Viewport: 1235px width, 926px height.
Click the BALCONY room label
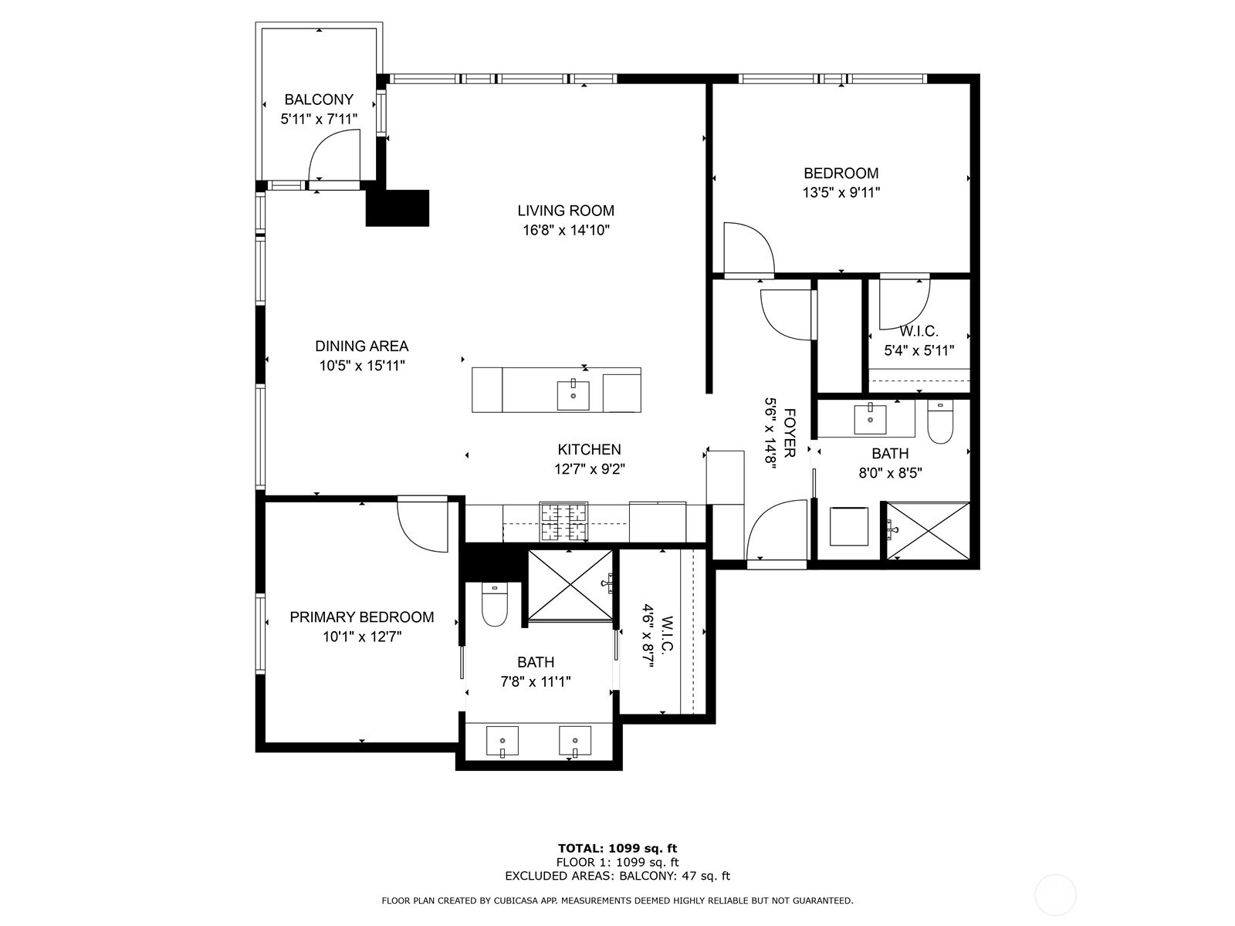319,100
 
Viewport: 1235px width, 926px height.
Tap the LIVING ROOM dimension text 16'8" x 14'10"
566,230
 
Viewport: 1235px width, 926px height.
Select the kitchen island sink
573,395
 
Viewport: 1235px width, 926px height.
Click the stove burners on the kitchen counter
563,522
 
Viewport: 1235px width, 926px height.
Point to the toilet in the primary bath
494,606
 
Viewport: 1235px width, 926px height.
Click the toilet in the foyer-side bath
939,423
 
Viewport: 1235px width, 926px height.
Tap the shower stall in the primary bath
570,585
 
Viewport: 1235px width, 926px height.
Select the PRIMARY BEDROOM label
361,617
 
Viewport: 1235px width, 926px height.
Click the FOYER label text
789,433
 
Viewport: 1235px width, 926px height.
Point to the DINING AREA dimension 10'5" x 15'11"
362,366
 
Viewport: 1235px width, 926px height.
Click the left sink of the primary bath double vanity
502,742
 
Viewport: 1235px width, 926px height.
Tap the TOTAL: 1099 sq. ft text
617,849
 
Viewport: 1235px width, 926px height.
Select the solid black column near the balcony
397,208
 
